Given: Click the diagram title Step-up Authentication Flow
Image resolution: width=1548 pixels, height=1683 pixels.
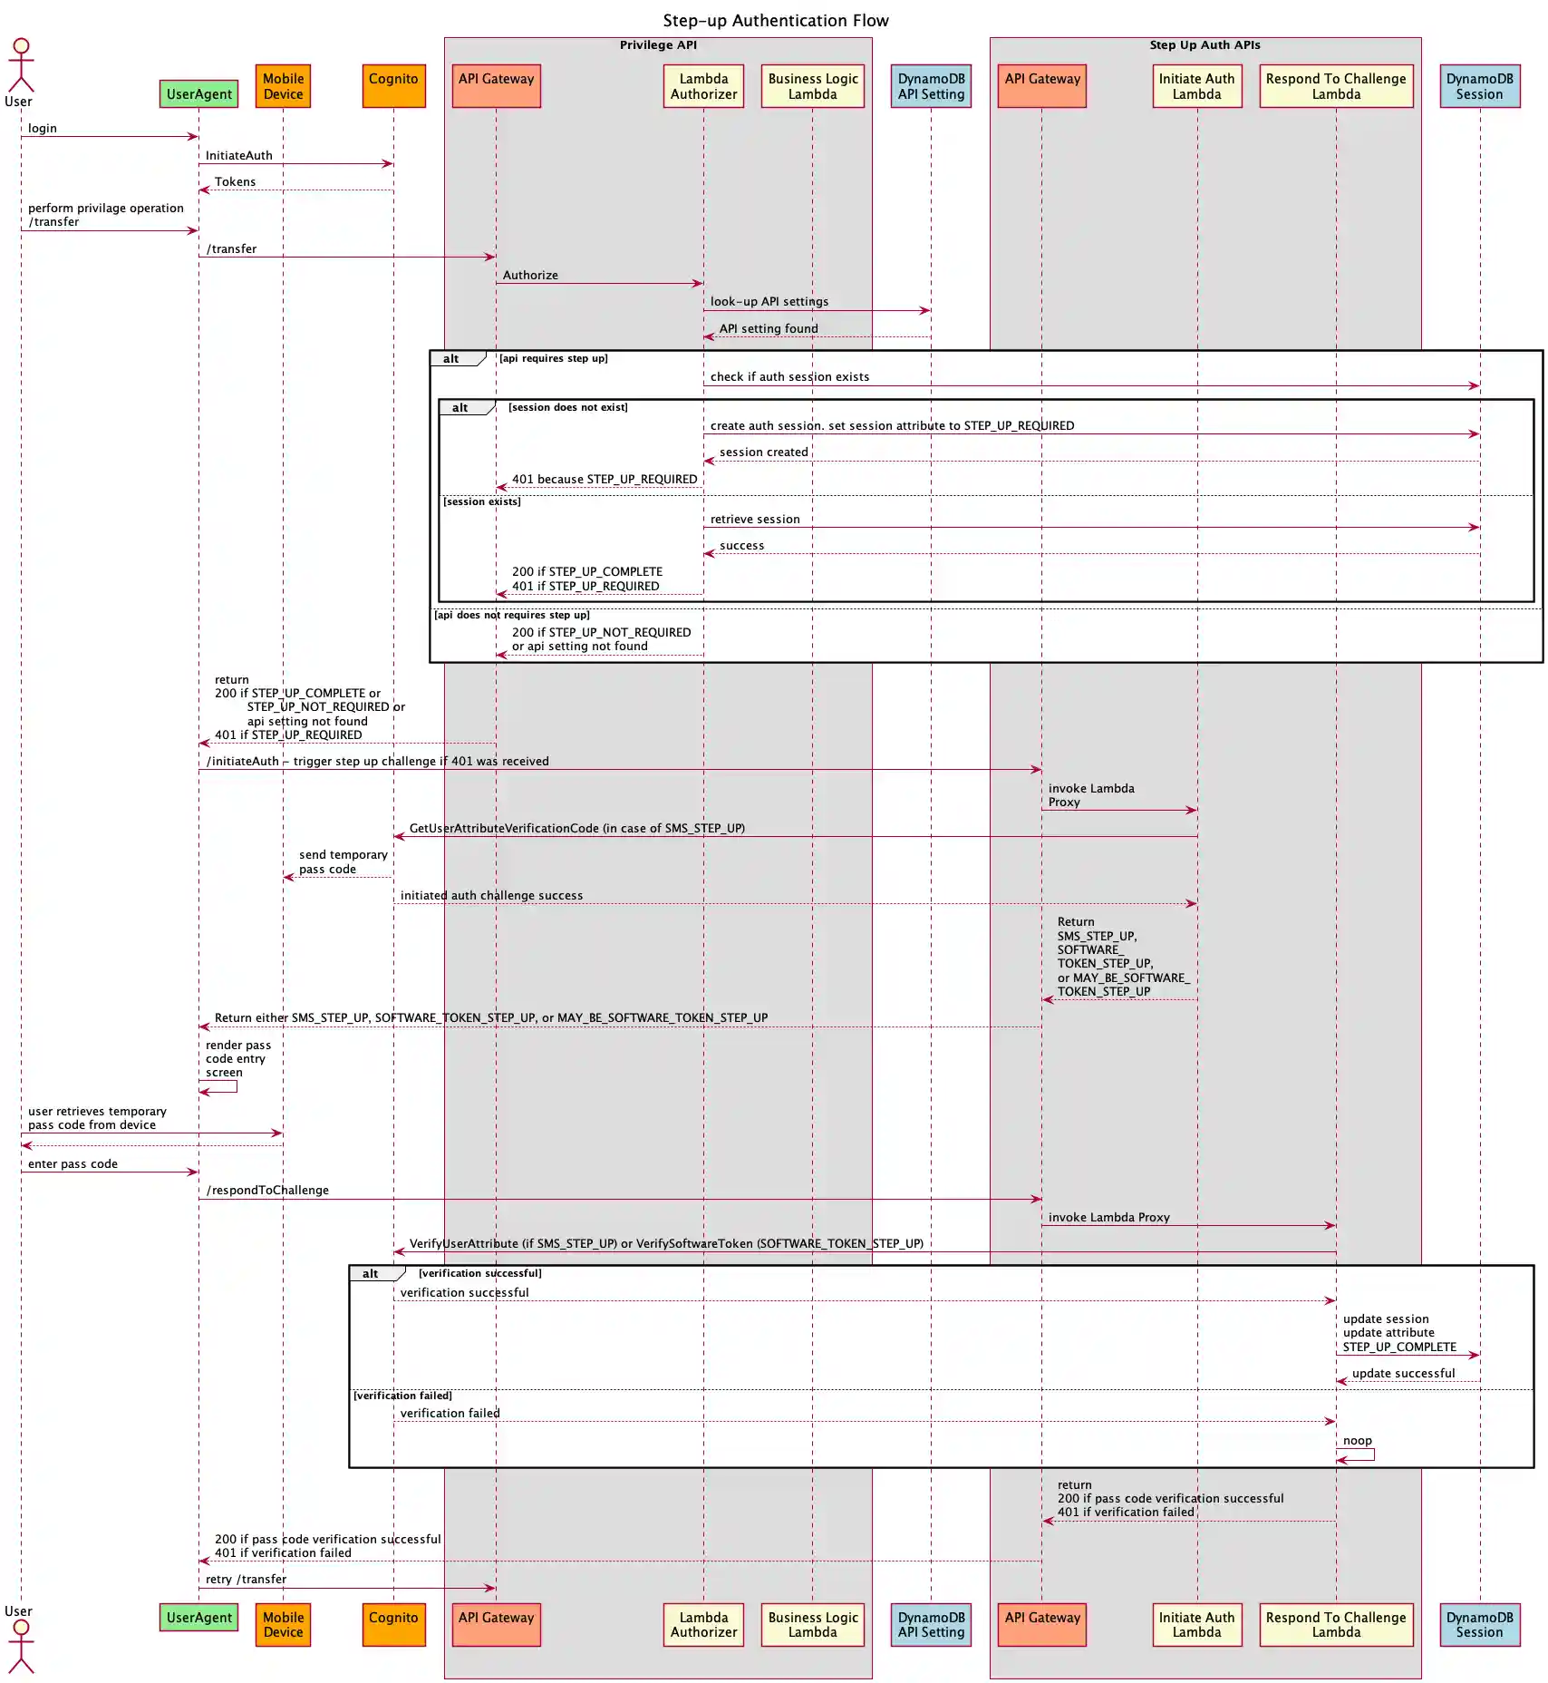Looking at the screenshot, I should coord(775,21).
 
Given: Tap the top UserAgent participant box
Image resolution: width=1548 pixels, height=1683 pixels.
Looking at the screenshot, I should coord(199,93).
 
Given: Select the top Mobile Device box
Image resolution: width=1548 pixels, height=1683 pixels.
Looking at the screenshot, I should coord(283,86).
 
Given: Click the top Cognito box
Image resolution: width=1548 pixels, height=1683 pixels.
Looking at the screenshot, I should coord(393,86).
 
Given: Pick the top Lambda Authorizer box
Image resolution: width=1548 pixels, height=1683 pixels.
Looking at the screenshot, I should coord(703,86).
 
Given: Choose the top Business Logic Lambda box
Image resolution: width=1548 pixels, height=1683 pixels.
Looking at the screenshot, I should coord(812,86).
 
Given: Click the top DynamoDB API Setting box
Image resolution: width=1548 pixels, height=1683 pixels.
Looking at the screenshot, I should coord(931,86).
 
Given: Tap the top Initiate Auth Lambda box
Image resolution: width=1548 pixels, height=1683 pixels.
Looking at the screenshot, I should coord(1196,86).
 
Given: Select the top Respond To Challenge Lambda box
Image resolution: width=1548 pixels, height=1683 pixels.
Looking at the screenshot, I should coord(1336,86).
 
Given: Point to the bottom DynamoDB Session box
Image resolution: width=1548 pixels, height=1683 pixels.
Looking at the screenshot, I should coord(1479,1624).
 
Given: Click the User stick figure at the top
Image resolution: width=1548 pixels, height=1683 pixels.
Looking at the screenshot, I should coord(21,65).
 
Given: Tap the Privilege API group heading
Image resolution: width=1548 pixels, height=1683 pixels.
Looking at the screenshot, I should coord(658,45).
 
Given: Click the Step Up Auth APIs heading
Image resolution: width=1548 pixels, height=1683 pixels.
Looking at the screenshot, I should coord(1205,45).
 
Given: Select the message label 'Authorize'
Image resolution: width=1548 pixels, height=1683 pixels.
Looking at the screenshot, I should coord(530,276).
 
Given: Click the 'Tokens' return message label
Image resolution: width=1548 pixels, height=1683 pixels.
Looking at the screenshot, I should coord(235,182).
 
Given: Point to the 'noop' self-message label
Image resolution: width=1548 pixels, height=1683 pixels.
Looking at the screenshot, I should coord(1357,1441).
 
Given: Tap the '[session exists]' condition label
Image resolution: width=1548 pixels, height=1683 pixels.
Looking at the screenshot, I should coord(482,502).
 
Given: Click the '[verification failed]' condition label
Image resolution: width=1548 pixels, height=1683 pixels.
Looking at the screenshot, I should coord(402,1396).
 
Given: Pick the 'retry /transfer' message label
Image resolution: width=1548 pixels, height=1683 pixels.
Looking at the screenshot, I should coord(246,1579).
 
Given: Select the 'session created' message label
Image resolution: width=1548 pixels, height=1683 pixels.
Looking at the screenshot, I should coord(763,452).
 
